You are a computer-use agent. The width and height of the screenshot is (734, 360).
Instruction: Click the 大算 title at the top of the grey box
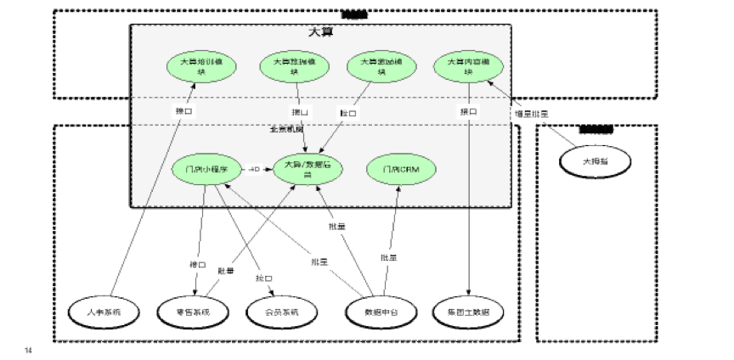[x=321, y=32]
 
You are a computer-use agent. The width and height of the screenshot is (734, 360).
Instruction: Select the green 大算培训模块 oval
[x=201, y=67]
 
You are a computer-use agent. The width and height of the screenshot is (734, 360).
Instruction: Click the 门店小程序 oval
[x=206, y=169]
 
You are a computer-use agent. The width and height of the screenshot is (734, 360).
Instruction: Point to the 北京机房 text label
[x=287, y=129]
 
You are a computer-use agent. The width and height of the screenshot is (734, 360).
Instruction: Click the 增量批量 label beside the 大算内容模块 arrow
[x=532, y=113]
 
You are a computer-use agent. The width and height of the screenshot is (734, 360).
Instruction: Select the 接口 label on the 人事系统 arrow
[x=183, y=111]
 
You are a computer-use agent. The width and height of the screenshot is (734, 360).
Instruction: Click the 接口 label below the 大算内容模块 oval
[x=467, y=111]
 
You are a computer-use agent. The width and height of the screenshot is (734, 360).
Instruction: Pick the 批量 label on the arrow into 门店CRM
[x=388, y=257]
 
